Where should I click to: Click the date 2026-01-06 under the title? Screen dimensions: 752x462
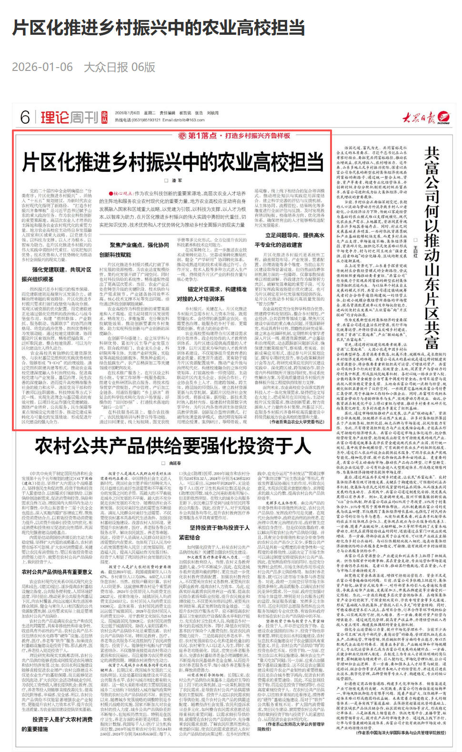[x=43, y=68]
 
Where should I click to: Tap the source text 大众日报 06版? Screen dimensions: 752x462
[x=120, y=68]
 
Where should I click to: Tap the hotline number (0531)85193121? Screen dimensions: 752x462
[x=143, y=120]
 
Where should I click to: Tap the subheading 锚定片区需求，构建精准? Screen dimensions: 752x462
[x=217, y=289]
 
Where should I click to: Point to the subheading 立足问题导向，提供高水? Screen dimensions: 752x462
[x=295, y=235]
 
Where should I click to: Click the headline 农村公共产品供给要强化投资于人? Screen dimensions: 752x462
[x=173, y=446]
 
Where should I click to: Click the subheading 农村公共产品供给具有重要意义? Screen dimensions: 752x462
[x=57, y=572]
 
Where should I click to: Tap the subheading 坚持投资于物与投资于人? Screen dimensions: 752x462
[x=220, y=528]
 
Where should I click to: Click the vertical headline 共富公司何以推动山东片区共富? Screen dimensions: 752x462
[x=432, y=247]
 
